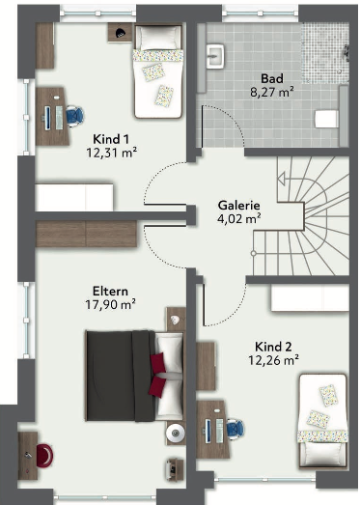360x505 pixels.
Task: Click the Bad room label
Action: [x=272, y=78]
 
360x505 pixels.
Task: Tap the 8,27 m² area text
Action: [x=272, y=93]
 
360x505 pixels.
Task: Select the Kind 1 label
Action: [x=111, y=139]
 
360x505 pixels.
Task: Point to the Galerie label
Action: [x=239, y=205]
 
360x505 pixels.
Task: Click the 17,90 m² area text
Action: [x=110, y=304]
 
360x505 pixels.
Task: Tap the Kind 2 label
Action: [x=273, y=347]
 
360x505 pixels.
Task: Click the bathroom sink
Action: [x=215, y=56]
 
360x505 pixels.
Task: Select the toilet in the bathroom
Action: [x=326, y=119]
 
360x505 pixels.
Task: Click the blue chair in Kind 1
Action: [x=75, y=116]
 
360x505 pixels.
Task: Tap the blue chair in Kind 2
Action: [x=235, y=430]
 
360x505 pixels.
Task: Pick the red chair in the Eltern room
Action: [x=44, y=455]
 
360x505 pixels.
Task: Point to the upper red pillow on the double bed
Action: [x=158, y=364]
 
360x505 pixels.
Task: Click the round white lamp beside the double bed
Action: [x=176, y=433]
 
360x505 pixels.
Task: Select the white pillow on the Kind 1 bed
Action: [x=158, y=39]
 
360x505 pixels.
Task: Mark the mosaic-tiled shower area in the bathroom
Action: [x=325, y=53]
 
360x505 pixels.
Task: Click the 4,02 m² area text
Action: [x=239, y=219]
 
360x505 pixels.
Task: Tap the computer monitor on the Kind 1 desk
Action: [x=47, y=118]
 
